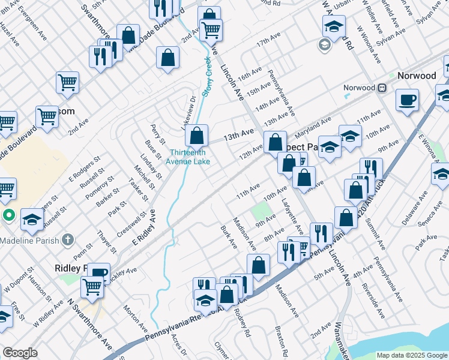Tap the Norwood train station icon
pos(381,88)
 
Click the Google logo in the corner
pos(20,353)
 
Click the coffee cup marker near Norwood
pos(408,100)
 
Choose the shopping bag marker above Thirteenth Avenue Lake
pos(196,136)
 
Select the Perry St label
pos(157,133)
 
